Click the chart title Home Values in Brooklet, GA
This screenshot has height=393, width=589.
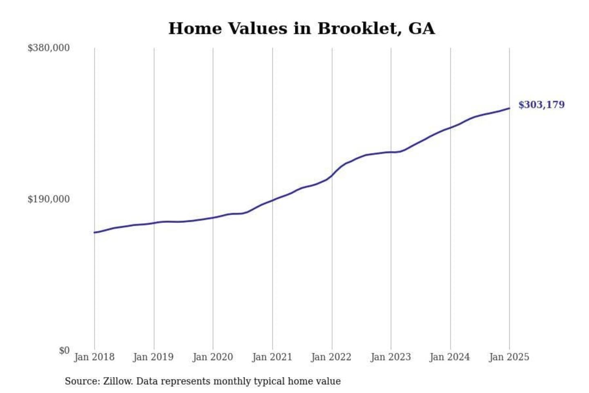(301, 29)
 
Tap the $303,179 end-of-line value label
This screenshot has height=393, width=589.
(541, 105)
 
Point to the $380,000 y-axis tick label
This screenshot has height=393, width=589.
(48, 48)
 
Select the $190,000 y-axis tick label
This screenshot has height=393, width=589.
(48, 199)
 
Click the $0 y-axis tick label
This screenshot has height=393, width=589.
(64, 351)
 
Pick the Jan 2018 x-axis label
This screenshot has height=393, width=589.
(94, 357)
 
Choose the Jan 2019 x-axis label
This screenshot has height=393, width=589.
(153, 357)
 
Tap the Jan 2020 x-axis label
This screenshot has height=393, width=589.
(213, 357)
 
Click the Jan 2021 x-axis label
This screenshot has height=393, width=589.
(272, 357)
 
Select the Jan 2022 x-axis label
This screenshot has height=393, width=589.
(331, 357)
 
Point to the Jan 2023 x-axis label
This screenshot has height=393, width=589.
(391, 357)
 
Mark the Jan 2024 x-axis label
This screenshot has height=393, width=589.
(450, 357)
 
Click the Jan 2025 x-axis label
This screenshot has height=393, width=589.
(509, 357)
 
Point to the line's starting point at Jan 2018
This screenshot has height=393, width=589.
(94, 233)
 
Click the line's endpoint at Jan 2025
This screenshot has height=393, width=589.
(509, 108)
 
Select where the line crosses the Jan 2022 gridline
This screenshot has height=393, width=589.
(332, 176)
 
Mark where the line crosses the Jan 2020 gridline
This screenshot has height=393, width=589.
(213, 218)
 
